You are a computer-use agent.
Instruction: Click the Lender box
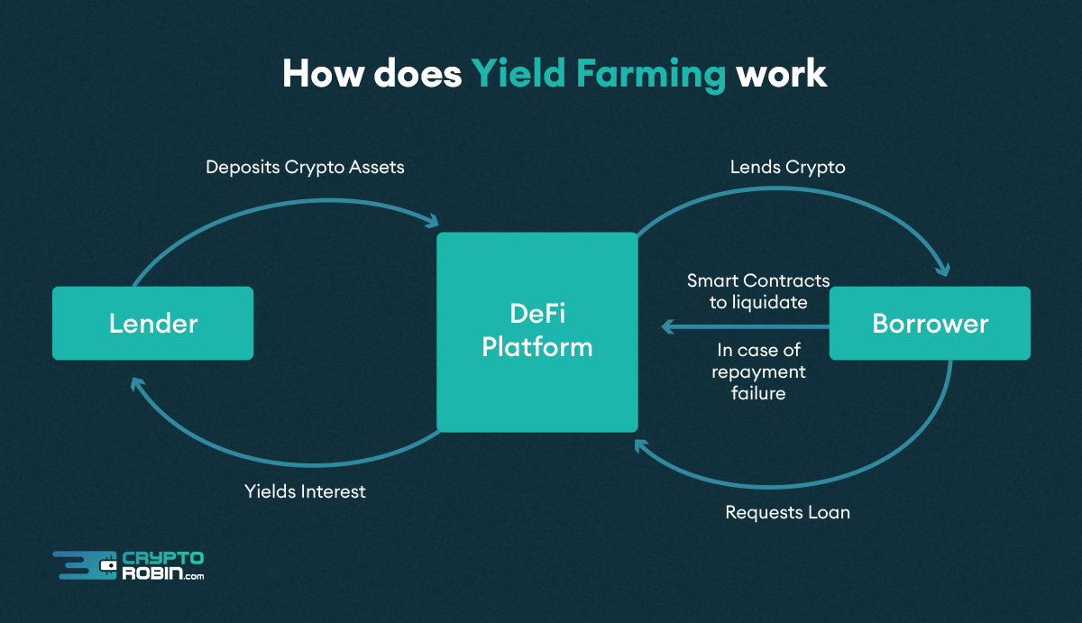(152, 323)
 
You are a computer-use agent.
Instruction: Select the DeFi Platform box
(537, 332)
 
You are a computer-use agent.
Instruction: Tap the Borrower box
(930, 323)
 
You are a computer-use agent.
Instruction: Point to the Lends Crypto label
(787, 167)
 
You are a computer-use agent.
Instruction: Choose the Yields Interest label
(305, 491)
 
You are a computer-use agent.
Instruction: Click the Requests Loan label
(787, 512)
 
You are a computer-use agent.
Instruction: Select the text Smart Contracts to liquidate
(757, 291)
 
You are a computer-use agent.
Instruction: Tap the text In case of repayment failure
(758, 371)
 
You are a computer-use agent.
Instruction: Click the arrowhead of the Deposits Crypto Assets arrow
(433, 220)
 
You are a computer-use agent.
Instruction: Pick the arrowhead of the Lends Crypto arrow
(943, 268)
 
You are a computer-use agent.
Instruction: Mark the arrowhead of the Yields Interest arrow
(136, 384)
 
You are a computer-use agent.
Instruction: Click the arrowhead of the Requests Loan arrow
(640, 444)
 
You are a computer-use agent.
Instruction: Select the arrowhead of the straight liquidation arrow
(667, 327)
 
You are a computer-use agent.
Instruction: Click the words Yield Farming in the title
(598, 73)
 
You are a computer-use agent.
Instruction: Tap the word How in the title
(321, 73)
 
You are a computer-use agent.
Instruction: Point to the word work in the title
(781, 73)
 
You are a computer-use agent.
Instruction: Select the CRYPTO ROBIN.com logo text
(163, 566)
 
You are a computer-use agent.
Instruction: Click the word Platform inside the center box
(537, 347)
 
